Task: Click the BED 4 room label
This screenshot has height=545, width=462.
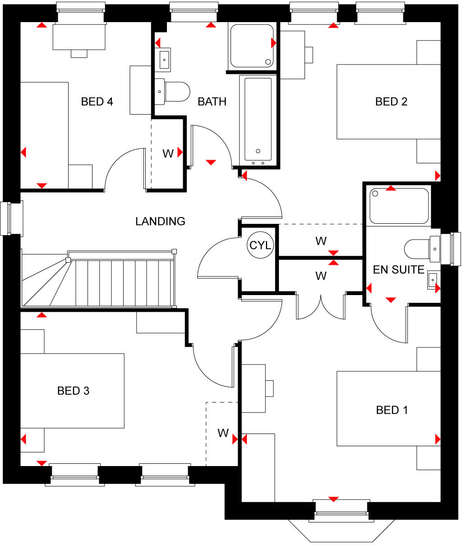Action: coord(97,102)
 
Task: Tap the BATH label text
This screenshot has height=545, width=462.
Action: coord(212,102)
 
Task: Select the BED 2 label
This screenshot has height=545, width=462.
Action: coord(391,102)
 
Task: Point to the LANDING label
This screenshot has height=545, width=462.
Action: coord(160,221)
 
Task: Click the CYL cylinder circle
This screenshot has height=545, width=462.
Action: coord(260,245)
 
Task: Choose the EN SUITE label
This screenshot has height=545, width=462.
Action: coord(398,269)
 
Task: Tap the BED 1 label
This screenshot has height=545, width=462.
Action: coord(392,410)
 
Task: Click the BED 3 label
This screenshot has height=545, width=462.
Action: coord(73,391)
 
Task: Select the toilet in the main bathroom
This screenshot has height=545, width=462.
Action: coord(173,91)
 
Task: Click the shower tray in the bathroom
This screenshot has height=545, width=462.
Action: coord(252,46)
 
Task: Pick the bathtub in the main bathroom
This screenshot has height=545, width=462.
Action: coord(258,119)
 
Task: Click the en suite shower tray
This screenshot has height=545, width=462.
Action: coord(399,206)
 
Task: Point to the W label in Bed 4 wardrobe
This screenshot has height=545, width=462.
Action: coord(168,154)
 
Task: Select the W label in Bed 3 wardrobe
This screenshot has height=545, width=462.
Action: coord(223,433)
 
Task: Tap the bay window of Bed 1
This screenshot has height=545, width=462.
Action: coord(342,526)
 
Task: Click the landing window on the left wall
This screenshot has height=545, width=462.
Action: coord(6,218)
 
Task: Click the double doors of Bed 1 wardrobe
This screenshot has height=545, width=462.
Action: coord(321,306)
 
